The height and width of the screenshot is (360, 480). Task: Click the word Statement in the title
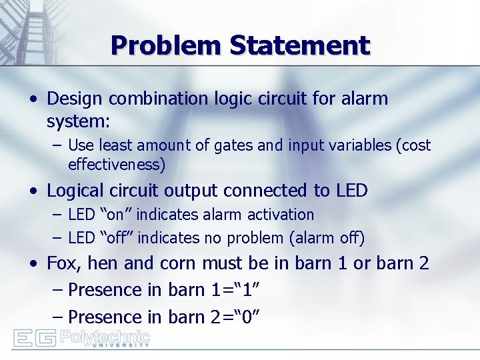299,45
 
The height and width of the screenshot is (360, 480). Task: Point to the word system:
79,122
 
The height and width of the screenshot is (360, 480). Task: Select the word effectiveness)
117,164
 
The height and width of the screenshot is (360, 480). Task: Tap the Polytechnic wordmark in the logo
105,336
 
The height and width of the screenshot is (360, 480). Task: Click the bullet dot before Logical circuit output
33,191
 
